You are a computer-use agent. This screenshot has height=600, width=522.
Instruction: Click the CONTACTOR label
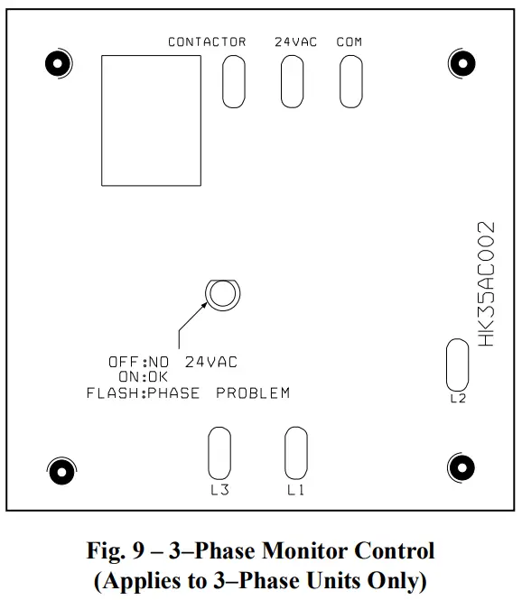[207, 42]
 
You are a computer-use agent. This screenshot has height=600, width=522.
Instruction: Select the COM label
[350, 42]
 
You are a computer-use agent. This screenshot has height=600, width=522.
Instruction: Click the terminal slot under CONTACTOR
[233, 82]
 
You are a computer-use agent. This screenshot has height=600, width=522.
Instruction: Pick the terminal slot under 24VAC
[292, 82]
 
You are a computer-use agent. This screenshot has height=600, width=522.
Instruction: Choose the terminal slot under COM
[350, 82]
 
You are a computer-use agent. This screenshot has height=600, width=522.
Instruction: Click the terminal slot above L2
[458, 365]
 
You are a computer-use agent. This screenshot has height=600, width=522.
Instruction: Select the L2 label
[458, 399]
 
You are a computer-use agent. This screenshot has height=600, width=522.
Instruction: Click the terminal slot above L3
[219, 452]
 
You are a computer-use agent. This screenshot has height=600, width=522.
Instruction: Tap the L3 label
[219, 491]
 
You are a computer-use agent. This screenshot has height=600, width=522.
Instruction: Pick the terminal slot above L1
[295, 452]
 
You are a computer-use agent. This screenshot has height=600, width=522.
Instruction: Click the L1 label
[295, 491]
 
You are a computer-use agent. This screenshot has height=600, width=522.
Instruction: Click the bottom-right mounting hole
[461, 467]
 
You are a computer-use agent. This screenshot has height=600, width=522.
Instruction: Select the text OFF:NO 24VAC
[173, 362]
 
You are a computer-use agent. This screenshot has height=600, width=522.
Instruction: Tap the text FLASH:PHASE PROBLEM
[188, 393]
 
